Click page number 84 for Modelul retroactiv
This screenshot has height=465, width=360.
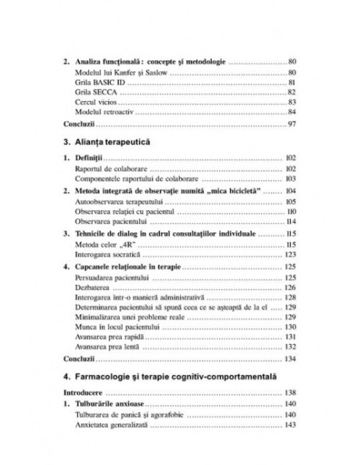click(292, 112)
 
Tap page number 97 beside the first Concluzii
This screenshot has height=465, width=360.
click(292, 125)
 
